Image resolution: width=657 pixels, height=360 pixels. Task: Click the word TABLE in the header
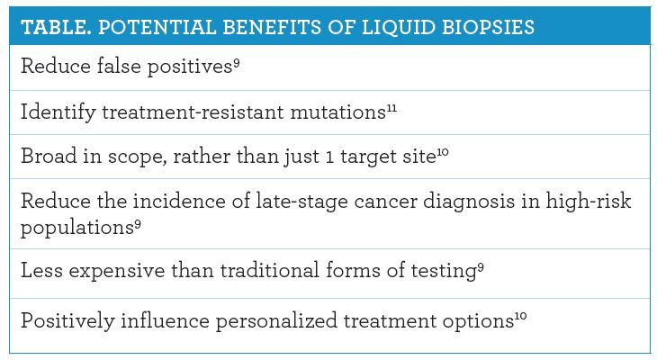[x=56, y=27]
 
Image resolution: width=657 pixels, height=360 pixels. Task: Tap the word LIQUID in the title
[x=398, y=27]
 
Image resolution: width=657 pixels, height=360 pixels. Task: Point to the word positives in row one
[x=190, y=67]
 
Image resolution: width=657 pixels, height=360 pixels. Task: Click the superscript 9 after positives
[x=237, y=63]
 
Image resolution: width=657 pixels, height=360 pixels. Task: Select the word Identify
[x=58, y=112]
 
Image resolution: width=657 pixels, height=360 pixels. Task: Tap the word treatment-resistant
[x=193, y=112]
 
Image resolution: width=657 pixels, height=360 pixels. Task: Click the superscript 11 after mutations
[x=391, y=109]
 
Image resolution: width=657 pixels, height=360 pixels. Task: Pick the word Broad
[x=49, y=156]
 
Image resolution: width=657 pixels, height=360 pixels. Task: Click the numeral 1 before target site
[x=329, y=157]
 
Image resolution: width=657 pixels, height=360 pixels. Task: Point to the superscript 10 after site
[x=443, y=152]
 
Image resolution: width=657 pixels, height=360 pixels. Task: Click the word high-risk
[x=589, y=201]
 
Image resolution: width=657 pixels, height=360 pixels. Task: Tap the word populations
[x=77, y=228]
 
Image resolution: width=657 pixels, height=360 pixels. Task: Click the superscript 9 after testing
[x=481, y=267]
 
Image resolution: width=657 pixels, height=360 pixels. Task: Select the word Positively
[x=67, y=321]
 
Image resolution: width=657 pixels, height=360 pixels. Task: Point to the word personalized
[x=276, y=321]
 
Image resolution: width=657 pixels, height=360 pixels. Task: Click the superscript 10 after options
[x=520, y=317]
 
